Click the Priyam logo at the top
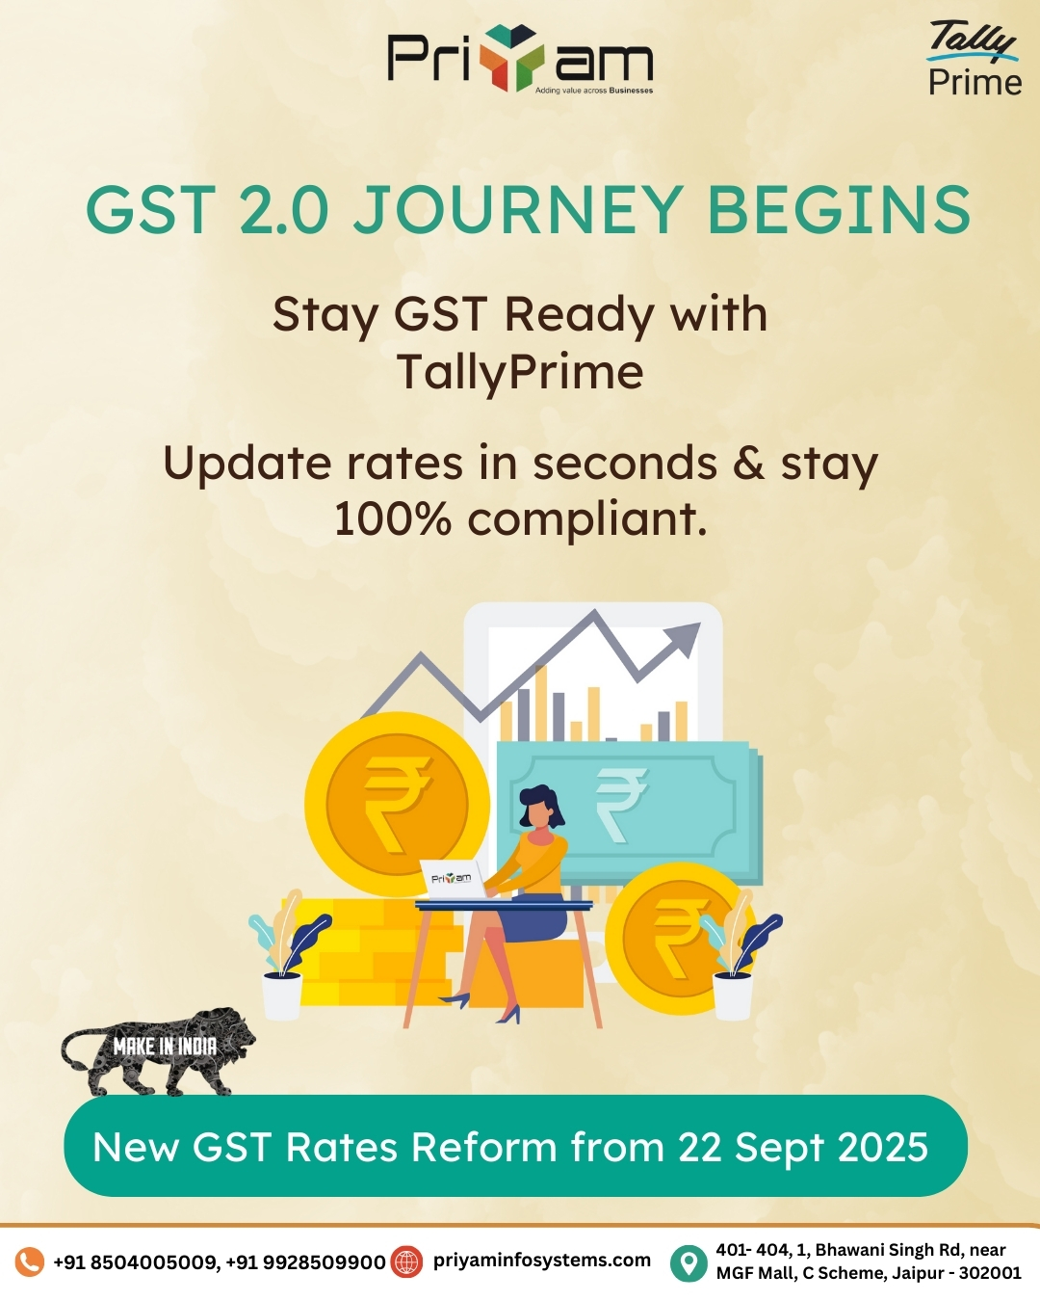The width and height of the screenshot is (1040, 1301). (520, 59)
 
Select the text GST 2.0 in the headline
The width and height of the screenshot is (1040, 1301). (208, 209)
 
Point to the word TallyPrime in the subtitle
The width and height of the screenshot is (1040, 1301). (520, 371)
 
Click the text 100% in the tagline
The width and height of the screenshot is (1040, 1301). (393, 518)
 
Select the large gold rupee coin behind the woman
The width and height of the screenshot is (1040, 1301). (397, 804)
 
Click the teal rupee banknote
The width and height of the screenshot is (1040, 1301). (629, 806)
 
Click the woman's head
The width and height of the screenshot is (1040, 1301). (541, 807)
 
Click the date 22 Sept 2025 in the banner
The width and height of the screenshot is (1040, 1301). (802, 1147)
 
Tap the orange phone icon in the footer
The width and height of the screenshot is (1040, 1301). (29, 1262)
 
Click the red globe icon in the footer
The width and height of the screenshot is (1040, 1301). (406, 1262)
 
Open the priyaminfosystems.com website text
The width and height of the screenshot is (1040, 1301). (542, 1261)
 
